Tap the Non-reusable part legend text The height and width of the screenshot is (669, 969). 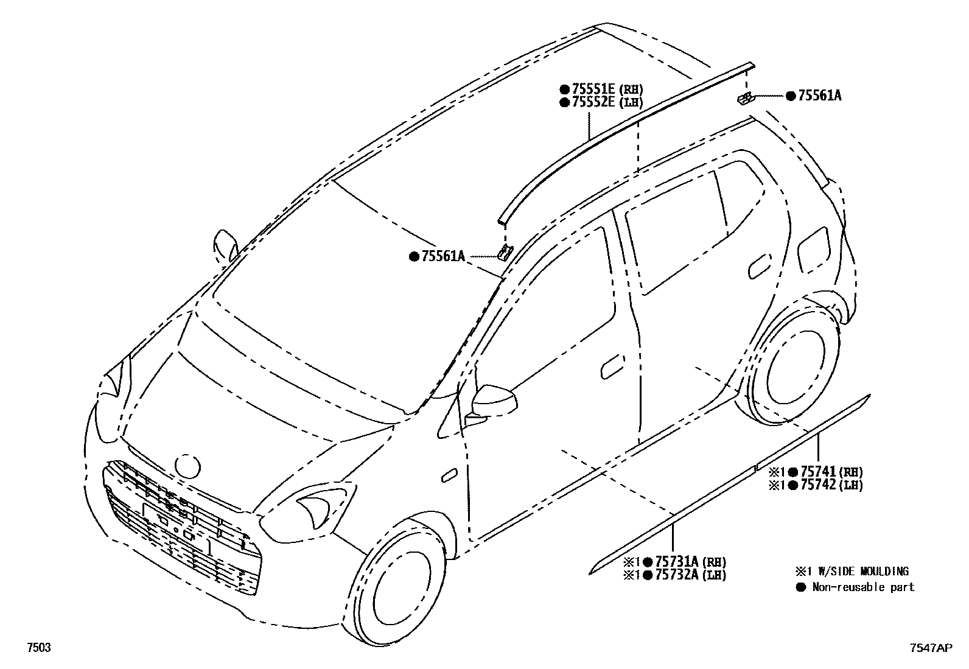863,587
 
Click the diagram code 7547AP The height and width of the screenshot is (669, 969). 930,649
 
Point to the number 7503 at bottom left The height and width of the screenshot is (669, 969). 37,648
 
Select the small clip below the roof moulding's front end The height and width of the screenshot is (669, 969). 505,251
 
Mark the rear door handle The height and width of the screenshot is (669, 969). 759,267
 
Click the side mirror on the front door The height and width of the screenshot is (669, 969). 494,400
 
